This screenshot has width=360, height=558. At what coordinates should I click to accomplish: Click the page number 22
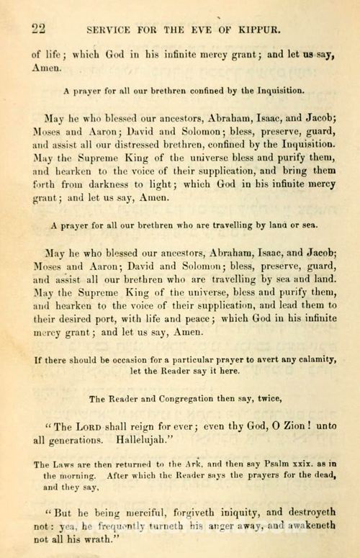(x=38, y=30)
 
